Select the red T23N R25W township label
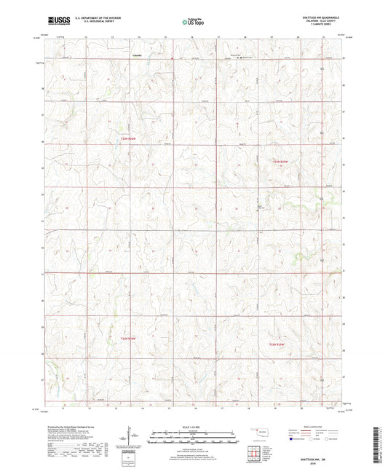click(284, 162)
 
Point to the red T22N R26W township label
click(129, 337)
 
